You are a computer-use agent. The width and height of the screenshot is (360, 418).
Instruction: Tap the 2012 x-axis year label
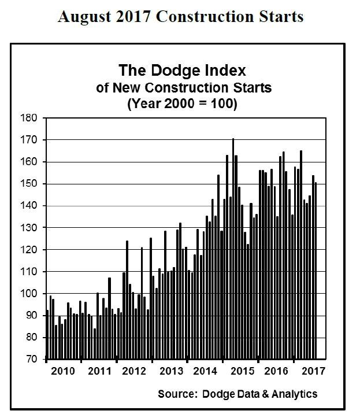134,371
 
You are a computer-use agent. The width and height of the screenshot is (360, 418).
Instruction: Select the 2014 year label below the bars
205,371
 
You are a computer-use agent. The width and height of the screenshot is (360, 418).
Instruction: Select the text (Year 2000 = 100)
182,105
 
